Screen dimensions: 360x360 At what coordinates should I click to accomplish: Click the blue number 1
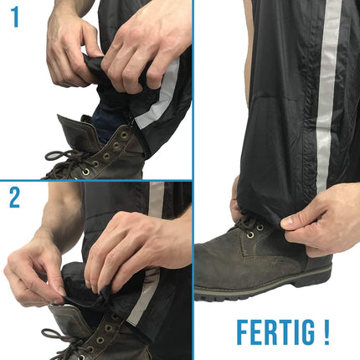tap(15, 18)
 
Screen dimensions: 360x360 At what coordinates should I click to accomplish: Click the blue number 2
tap(14, 198)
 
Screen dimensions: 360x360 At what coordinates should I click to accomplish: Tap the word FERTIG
tap(275, 332)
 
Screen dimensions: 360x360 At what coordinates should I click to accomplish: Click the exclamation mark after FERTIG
tap(327, 332)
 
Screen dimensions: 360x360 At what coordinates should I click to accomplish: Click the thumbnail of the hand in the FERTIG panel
tap(286, 223)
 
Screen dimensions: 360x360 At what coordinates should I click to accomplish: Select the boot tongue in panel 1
tap(73, 131)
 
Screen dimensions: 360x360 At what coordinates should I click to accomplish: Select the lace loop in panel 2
tap(52, 333)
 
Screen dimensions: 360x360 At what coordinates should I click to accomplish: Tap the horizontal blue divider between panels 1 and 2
tap(96, 181)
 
